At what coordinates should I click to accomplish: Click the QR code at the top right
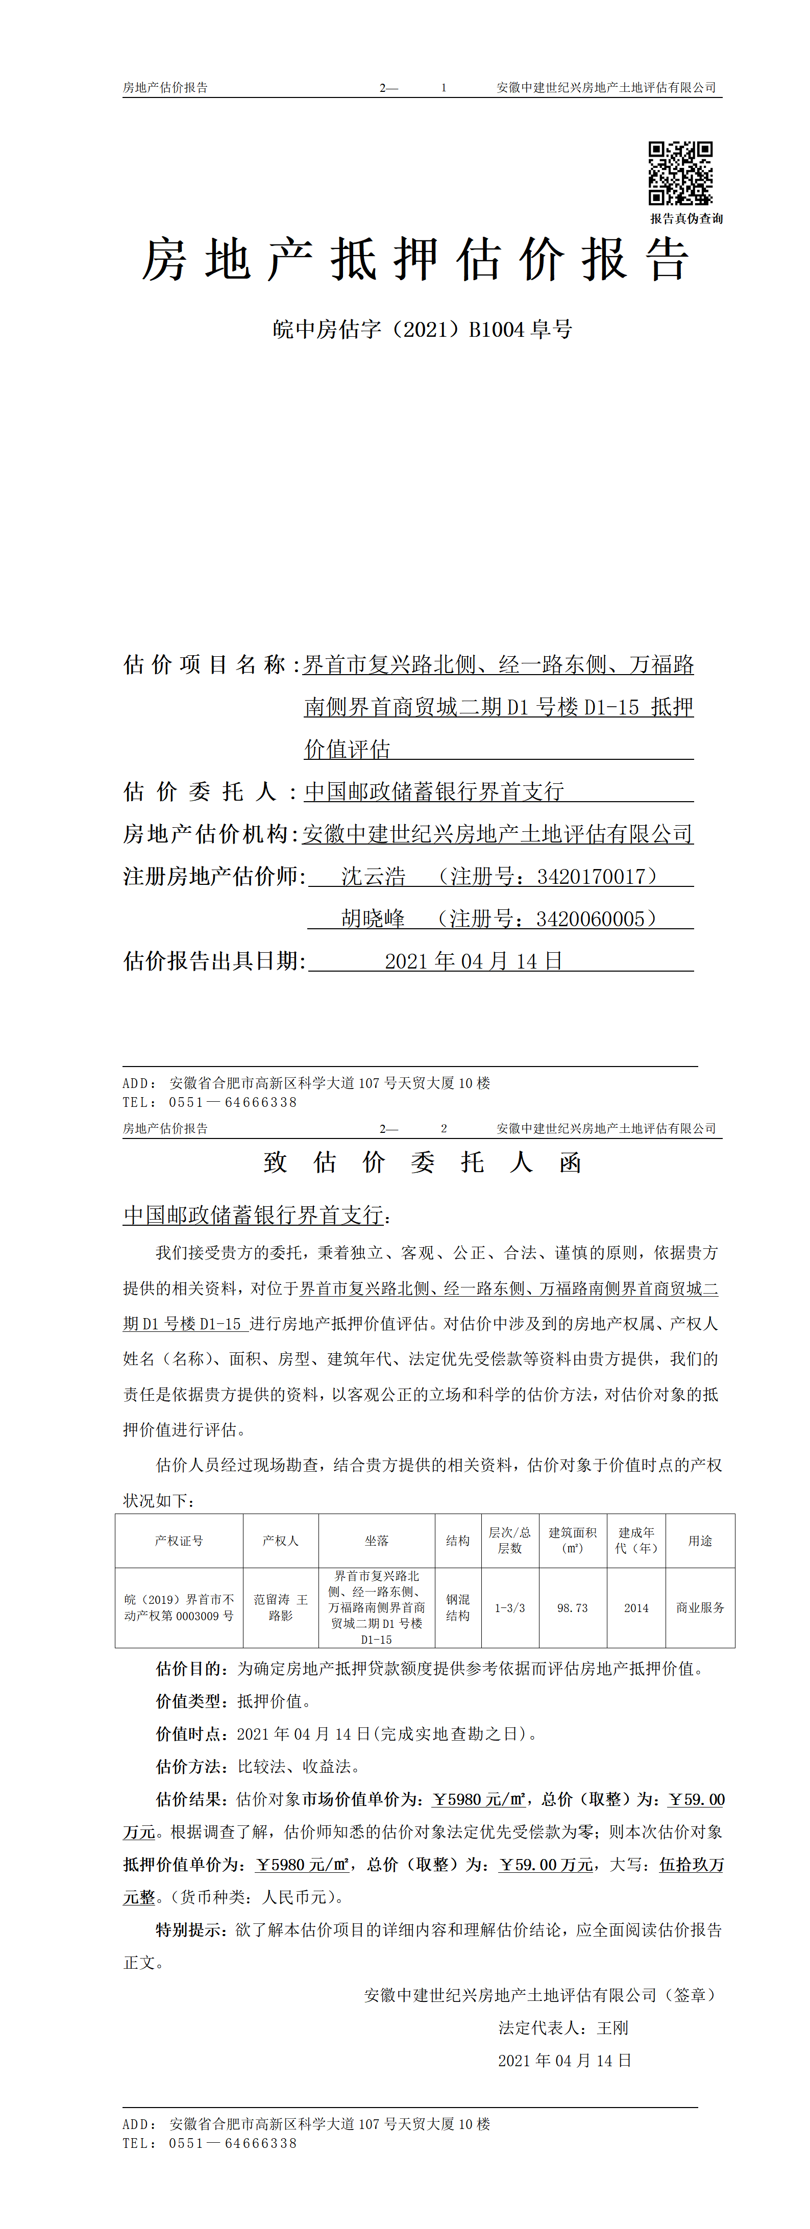click(680, 173)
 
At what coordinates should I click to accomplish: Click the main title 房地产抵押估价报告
click(415, 260)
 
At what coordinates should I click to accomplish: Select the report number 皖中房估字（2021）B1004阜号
click(422, 330)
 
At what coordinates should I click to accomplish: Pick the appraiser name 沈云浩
click(373, 877)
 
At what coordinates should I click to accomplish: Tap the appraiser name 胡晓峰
click(373, 919)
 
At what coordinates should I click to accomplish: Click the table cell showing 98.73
click(572, 1608)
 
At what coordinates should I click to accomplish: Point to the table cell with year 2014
click(636, 1608)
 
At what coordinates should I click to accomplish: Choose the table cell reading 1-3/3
click(510, 1608)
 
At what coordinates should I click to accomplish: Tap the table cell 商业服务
click(700, 1608)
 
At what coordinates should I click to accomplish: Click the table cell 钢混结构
click(458, 1608)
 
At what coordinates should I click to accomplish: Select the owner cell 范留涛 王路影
click(280, 1608)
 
